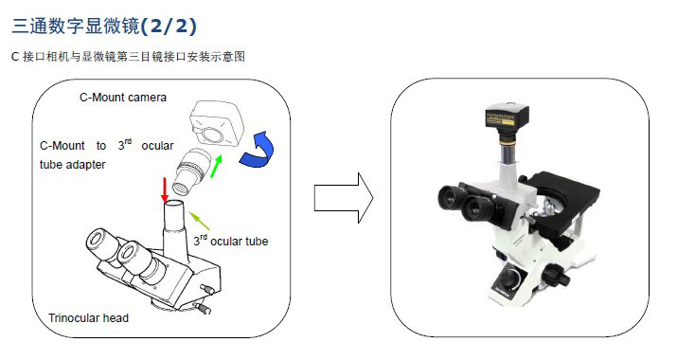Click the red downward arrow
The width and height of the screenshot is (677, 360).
pos(165,189)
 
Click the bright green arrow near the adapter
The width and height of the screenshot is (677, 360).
pos(216,166)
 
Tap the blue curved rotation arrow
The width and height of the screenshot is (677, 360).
pos(258,150)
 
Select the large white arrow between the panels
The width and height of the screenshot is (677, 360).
pos(344,198)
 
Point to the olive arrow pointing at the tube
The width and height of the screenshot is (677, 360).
pos(200,221)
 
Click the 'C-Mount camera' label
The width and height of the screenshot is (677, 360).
pos(123,98)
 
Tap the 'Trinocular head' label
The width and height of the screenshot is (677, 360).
pos(88,318)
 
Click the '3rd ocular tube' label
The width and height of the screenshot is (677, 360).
pos(231,241)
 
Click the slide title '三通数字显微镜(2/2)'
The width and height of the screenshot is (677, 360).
pos(104,26)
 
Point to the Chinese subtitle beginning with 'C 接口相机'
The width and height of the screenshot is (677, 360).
pos(128,56)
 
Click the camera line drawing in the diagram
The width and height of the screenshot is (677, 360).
pos(217,123)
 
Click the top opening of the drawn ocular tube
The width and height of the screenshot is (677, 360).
pos(175,203)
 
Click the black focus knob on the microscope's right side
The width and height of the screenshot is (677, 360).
pos(555,276)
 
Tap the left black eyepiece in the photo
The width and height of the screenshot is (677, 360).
pos(454,197)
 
